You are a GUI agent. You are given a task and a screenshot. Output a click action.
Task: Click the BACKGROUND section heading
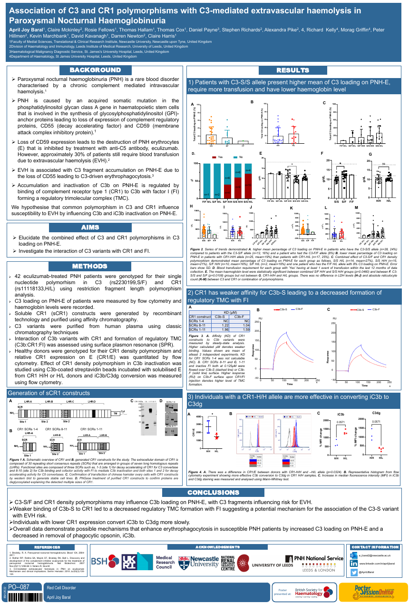(x=95, y=70)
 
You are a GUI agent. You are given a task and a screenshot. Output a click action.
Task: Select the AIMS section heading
(x=95, y=227)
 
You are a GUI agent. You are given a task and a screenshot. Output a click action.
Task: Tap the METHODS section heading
(x=95, y=266)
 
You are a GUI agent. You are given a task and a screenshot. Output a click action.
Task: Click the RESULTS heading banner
(x=293, y=70)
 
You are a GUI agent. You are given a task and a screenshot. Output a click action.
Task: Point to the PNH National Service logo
(x=314, y=558)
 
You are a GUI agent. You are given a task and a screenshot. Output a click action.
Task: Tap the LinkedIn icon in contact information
(x=353, y=563)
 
